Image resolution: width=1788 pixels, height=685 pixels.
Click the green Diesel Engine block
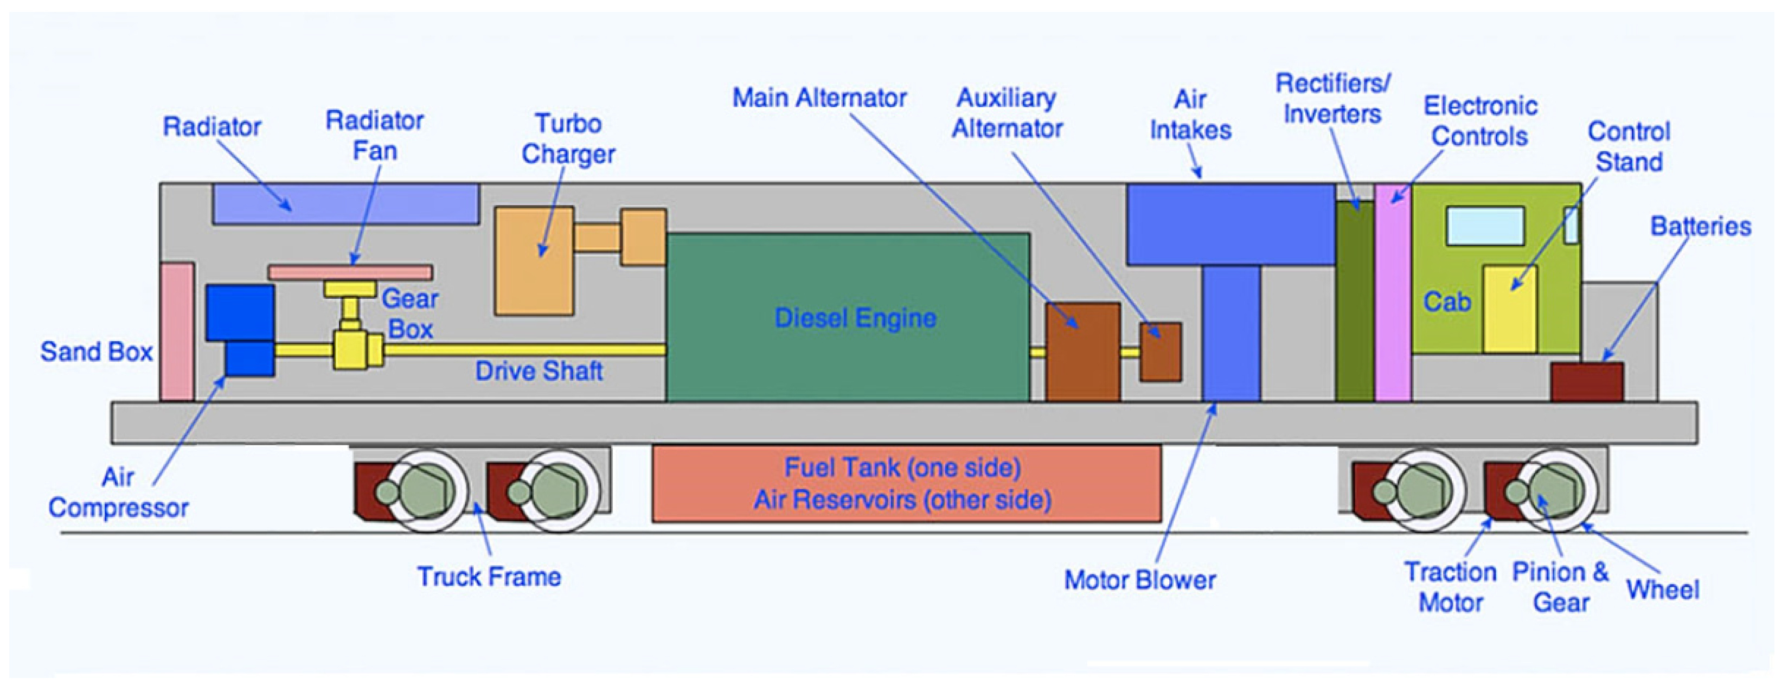848,317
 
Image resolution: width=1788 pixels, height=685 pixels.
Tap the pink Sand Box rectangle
177,332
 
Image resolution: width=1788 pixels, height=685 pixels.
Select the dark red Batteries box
1587,382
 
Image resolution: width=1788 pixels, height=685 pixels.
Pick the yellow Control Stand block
1510,309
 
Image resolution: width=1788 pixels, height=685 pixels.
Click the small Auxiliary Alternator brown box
1160,352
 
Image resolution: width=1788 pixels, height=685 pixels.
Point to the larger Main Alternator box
1083,352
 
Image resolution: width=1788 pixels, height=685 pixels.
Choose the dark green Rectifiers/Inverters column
1355,301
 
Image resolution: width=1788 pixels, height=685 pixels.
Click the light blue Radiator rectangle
345,204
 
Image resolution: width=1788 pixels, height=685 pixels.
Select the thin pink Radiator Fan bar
350,272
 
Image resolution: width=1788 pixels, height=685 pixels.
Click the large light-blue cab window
1485,226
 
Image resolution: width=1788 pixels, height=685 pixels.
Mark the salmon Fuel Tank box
907,484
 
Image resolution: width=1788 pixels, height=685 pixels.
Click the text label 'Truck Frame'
489,577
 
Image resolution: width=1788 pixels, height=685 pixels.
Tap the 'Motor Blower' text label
1140,580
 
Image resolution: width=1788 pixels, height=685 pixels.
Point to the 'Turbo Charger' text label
568,139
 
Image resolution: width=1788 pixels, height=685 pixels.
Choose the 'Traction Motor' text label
1451,587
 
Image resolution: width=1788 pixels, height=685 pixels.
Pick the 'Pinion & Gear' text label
1560,587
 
